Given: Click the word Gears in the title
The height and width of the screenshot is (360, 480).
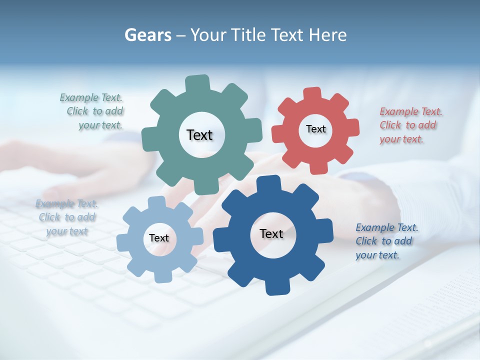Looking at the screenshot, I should [147, 35].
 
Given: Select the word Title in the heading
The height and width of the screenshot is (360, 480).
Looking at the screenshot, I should [248, 35].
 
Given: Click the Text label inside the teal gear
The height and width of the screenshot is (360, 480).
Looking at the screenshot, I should [199, 135].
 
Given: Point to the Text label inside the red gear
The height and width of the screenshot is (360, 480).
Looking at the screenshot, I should [315, 129].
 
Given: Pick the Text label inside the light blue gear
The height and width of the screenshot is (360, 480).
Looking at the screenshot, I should [158, 238].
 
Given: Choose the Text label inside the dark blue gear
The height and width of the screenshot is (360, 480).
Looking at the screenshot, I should [271, 233].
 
